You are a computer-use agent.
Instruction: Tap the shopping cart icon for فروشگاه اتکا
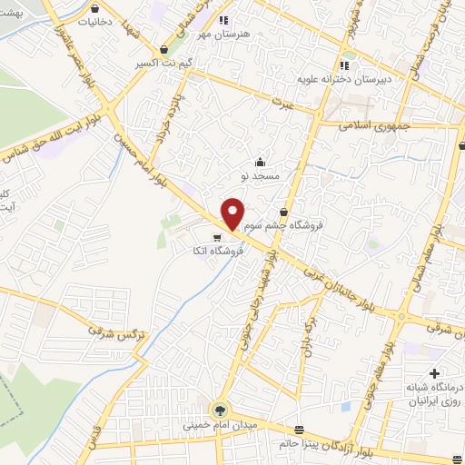click(215, 238)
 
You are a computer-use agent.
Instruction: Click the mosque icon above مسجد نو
click(261, 161)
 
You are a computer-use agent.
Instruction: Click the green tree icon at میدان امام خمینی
click(219, 410)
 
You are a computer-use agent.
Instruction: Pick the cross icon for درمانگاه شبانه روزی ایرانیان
click(434, 373)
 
